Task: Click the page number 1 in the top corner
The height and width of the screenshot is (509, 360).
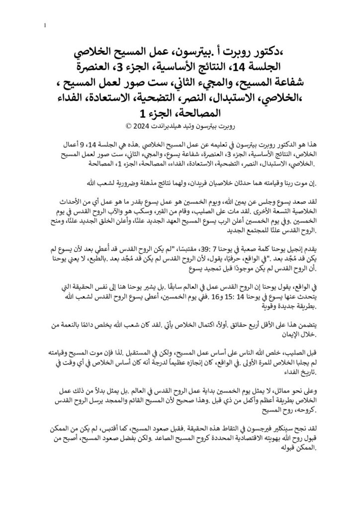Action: (x=45, y=25)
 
